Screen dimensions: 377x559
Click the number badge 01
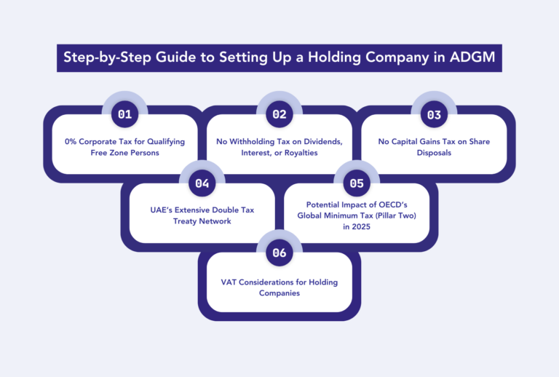click(125, 114)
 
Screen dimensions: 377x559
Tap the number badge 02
click(279, 114)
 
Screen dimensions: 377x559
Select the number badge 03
click(435, 114)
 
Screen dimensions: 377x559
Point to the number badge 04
click(202, 183)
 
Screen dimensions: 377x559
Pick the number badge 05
click(357, 183)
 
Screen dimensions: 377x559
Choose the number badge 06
click(279, 253)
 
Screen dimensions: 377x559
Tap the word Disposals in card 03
click(434, 154)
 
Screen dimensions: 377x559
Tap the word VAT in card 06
click(231, 282)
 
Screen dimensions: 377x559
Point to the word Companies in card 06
click(279, 293)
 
